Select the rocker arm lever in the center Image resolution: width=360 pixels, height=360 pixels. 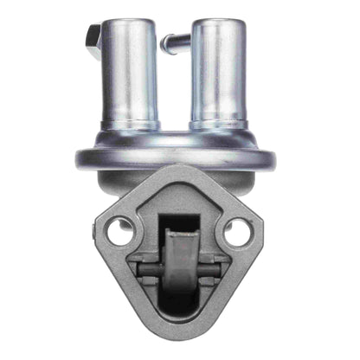pyautogui.click(x=178, y=256)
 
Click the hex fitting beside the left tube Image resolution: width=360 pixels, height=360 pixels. pyautogui.click(x=93, y=38)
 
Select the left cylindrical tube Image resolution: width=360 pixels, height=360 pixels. pyautogui.click(x=130, y=74)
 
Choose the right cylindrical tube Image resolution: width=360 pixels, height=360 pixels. pyautogui.click(x=218, y=74)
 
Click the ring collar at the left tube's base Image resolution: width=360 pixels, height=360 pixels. pyautogui.click(x=130, y=126)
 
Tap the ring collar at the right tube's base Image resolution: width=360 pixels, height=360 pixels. pyautogui.click(x=218, y=126)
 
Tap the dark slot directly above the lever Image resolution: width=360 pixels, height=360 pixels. pyautogui.click(x=178, y=217)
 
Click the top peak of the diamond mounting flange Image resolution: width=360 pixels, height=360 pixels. pyautogui.click(x=178, y=170)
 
